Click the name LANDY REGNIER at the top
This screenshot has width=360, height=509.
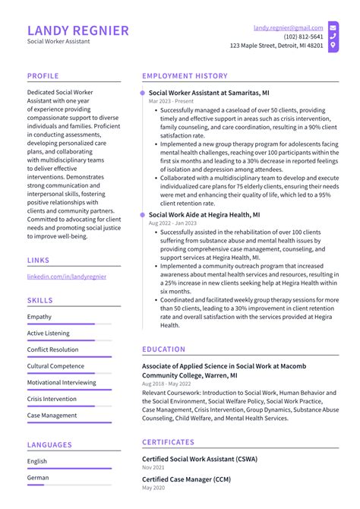pyautogui.click(x=78, y=30)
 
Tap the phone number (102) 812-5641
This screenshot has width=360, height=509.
pyautogui.click(x=303, y=36)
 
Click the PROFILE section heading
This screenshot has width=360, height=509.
pyautogui.click(x=43, y=76)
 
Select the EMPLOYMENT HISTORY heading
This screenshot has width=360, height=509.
pyautogui.click(x=185, y=76)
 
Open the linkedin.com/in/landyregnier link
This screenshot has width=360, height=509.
pyautogui.click(x=67, y=277)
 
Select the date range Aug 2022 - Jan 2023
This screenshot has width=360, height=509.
pyautogui.click(x=171, y=223)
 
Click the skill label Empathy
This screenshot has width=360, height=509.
pyautogui.click(x=39, y=317)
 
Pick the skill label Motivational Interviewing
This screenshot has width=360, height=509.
pyautogui.click(x=62, y=383)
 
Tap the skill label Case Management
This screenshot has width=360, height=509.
pyautogui.click(x=52, y=416)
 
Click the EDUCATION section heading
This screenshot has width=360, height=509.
pyautogui.click(x=163, y=349)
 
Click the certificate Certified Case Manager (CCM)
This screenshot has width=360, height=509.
pyautogui.click(x=186, y=479)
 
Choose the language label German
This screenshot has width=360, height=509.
pyautogui.click(x=38, y=478)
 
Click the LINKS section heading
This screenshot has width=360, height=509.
pyautogui.click(x=39, y=260)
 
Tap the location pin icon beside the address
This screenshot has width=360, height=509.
pyautogui.click(x=333, y=46)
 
